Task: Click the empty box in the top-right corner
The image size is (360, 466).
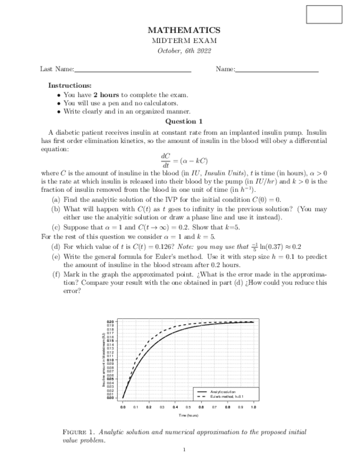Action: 324,14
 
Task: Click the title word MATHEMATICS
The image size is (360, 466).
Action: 184,31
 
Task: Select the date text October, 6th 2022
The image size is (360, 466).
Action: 184,51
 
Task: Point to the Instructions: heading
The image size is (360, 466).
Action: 70,86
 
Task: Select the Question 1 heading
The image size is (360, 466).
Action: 184,121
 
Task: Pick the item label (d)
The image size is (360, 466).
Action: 56,247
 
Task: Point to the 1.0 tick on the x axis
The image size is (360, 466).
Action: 253,408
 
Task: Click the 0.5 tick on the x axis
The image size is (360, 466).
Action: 188,408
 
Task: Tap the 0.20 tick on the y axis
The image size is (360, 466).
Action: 110,321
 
